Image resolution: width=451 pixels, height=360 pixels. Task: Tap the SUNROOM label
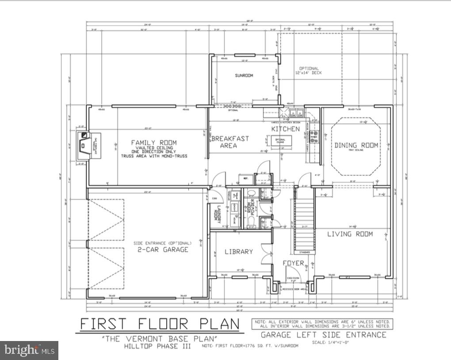pyautogui.click(x=244, y=76)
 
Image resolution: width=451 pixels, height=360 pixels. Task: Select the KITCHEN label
pyautogui.click(x=285, y=129)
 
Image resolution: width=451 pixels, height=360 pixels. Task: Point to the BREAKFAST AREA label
pyautogui.click(x=231, y=142)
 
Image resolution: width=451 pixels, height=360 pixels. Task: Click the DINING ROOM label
pyautogui.click(x=356, y=145)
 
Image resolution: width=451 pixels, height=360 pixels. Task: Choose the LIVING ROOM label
pyautogui.click(x=350, y=234)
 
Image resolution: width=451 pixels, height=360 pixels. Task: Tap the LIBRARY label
pyautogui.click(x=239, y=251)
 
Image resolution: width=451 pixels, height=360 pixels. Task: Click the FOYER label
pyautogui.click(x=294, y=263)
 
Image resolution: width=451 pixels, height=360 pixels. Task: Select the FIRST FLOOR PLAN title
pyautogui.click(x=159, y=324)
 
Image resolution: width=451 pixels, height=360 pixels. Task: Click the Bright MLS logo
pyautogui.click(x=29, y=350)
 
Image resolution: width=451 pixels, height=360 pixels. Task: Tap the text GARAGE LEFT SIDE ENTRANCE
pyautogui.click(x=323, y=334)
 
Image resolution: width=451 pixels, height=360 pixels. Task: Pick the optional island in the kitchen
pyautogui.click(x=280, y=141)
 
